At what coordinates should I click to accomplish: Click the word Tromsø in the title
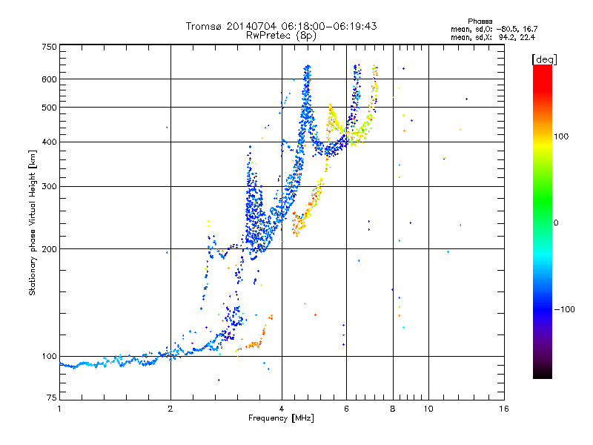click(x=205, y=26)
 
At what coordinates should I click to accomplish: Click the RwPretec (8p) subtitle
click(x=281, y=36)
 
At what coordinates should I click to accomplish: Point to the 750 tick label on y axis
click(x=50, y=47)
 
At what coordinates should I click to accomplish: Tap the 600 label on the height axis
click(x=50, y=79)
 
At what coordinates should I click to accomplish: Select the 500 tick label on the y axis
click(x=50, y=108)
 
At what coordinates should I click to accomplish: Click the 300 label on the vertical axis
click(x=50, y=186)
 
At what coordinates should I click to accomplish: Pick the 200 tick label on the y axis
click(x=50, y=249)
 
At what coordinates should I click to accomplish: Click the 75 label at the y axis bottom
click(x=52, y=398)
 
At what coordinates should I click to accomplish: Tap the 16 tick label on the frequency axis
click(x=504, y=409)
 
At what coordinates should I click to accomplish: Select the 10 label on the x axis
click(x=428, y=409)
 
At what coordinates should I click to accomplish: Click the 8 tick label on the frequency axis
click(x=393, y=409)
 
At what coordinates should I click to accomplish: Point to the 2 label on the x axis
click(x=170, y=409)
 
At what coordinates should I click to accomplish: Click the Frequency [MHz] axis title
click(x=281, y=418)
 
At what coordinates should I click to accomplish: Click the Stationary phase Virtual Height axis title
click(x=33, y=223)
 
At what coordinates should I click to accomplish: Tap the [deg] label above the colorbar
click(x=545, y=59)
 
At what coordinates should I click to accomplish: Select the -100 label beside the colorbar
click(x=565, y=309)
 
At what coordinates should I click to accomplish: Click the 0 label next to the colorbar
click(x=556, y=223)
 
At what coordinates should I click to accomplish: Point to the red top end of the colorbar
click(x=543, y=66)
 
